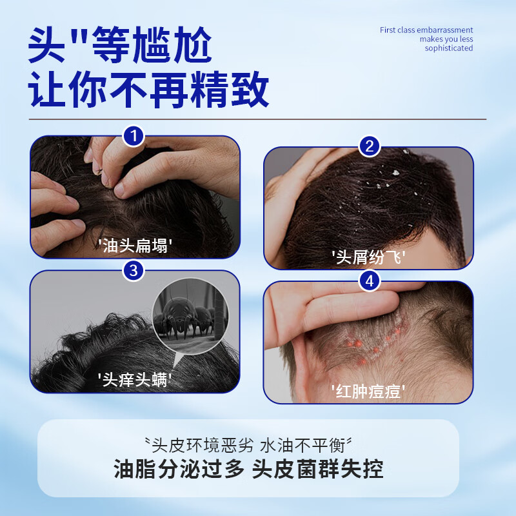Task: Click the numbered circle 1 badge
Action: tap(134, 136)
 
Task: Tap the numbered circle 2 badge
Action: tap(369, 147)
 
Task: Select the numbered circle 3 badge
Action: tap(134, 270)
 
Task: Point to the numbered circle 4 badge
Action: tap(369, 281)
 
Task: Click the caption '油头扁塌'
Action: tap(135, 245)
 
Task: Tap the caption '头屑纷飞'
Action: tap(368, 257)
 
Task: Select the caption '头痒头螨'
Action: tap(135, 379)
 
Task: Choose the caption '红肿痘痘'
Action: tap(368, 391)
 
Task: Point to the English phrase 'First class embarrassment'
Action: tap(426, 30)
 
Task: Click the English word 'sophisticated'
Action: tap(449, 48)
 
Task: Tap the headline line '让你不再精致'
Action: tap(149, 92)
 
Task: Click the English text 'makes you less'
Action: tap(446, 39)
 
